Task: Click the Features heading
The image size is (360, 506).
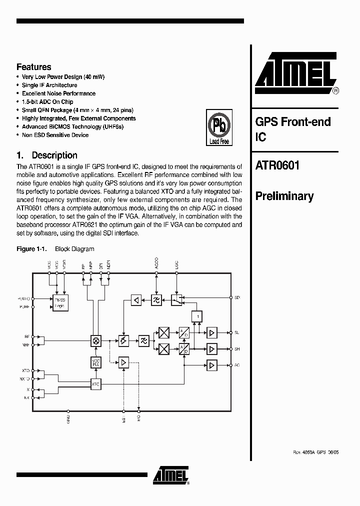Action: [x=33, y=67]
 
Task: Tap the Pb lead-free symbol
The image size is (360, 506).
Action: [x=219, y=128]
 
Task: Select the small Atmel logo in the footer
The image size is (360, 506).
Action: [x=170, y=475]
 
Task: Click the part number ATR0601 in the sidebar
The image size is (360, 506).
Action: [x=277, y=165]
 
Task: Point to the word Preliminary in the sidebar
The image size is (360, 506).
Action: [x=284, y=196]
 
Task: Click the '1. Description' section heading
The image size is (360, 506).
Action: [x=47, y=155]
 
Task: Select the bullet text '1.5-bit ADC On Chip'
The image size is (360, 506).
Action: [x=47, y=101]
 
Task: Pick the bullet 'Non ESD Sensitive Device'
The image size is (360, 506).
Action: [x=55, y=135]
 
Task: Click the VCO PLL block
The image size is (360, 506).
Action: [x=96, y=362]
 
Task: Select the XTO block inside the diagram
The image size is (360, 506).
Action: [x=96, y=384]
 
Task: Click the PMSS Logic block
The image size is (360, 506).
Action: [x=60, y=302]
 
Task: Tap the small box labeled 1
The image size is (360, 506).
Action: [x=198, y=316]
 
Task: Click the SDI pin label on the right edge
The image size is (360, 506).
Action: [x=237, y=297]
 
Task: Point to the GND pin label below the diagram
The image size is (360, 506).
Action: [x=68, y=419]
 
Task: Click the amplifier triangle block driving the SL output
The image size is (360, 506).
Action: [x=212, y=332]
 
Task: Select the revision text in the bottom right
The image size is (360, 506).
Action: [x=315, y=451]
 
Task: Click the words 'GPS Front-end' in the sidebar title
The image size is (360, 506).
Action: [x=293, y=121]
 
